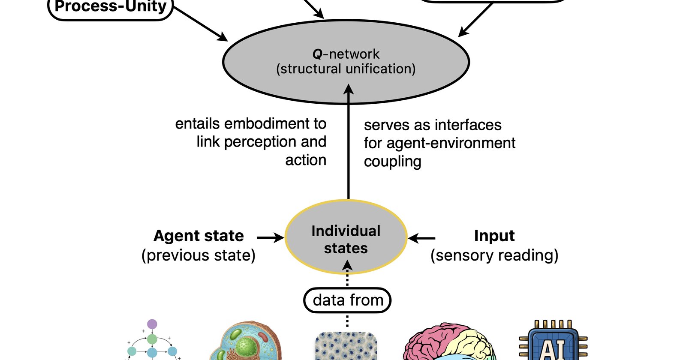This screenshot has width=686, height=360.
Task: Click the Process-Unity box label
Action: pos(111,7)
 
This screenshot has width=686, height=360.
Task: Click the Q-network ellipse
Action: pos(346,62)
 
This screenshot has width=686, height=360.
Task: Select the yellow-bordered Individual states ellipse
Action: pos(346,237)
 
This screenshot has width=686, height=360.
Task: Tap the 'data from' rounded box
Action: pos(347,300)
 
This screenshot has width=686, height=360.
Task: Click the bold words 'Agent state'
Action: pos(199,236)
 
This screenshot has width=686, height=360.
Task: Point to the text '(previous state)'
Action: pos(199,255)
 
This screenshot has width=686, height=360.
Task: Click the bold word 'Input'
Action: pos(494,236)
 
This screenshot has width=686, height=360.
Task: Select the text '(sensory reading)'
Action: pos(494,255)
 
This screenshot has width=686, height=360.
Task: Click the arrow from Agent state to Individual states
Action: pos(271,237)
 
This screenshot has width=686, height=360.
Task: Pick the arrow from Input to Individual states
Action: pos(422,238)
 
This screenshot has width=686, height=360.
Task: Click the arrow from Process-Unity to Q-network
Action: pos(201,24)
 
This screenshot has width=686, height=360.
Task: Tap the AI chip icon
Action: pos(553,340)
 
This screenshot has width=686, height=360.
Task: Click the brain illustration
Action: pos(449,341)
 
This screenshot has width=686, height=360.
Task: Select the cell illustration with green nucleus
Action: pos(246,341)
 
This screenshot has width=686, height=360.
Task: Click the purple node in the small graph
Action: pos(152,324)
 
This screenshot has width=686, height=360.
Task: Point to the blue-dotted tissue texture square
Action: pos(346,346)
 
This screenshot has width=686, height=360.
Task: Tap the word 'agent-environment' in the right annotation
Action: pos(451,143)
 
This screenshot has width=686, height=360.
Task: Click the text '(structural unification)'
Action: pos(346,69)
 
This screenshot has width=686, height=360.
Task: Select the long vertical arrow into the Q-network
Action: pos(349,141)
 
